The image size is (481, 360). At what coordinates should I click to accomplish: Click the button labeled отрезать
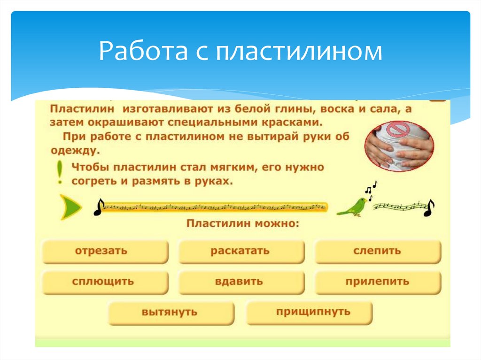(105, 251)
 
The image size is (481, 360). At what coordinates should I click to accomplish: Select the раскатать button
(241, 251)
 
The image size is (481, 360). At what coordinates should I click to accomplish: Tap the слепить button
(378, 251)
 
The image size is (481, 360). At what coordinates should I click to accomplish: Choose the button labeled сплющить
(105, 282)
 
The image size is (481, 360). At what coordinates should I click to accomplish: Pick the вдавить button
(241, 282)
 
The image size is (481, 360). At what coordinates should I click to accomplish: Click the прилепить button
(378, 282)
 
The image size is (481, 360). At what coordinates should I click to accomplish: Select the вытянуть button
(171, 313)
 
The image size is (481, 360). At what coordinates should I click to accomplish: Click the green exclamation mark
(59, 172)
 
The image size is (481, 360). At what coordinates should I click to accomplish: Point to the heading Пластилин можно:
(242, 223)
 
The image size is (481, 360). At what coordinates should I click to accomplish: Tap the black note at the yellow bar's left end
(99, 207)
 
